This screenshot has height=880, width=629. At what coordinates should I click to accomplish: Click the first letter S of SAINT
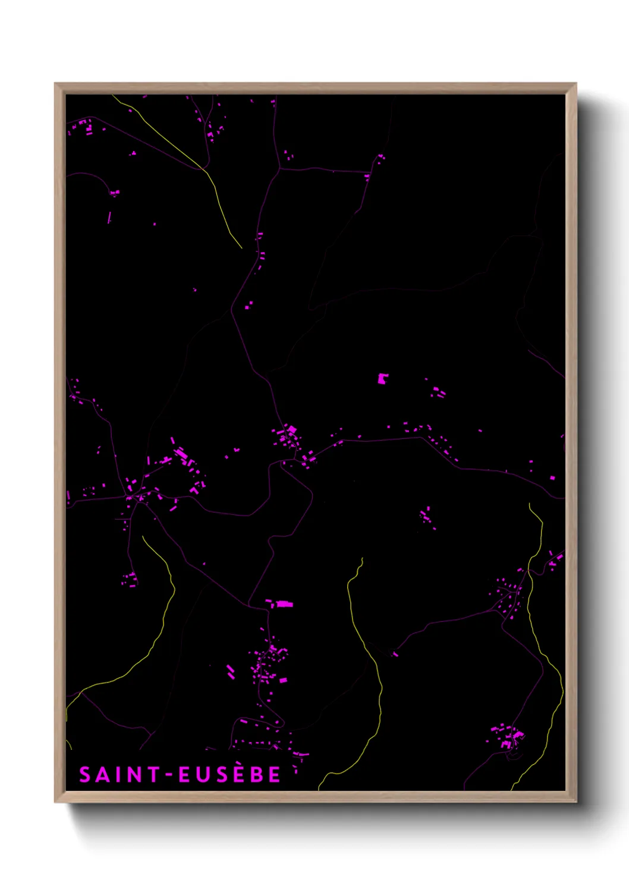click(86, 775)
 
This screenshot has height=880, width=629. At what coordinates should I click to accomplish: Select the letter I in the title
click(118, 775)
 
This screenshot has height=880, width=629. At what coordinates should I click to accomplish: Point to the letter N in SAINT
click(133, 775)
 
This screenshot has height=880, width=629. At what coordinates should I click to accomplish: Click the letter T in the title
click(152, 775)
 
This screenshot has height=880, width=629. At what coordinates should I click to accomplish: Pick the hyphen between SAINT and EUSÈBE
click(168, 775)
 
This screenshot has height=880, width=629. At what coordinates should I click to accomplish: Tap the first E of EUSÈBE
click(185, 775)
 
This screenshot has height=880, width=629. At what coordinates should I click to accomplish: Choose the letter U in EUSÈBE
click(202, 775)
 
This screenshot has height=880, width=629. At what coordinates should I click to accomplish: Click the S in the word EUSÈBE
click(220, 775)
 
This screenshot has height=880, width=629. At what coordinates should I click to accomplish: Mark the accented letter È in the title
click(238, 774)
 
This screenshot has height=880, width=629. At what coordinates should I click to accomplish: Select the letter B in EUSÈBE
click(256, 775)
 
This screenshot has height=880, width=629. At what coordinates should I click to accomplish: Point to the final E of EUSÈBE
click(273, 775)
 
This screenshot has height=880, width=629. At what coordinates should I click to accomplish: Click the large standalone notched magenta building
click(382, 378)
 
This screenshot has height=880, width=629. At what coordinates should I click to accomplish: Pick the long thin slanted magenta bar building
click(109, 217)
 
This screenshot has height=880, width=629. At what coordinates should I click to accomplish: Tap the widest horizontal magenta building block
click(284, 604)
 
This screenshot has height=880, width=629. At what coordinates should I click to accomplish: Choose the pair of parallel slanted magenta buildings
click(231, 672)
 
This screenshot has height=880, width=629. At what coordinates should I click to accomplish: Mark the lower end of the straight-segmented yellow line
click(241, 247)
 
